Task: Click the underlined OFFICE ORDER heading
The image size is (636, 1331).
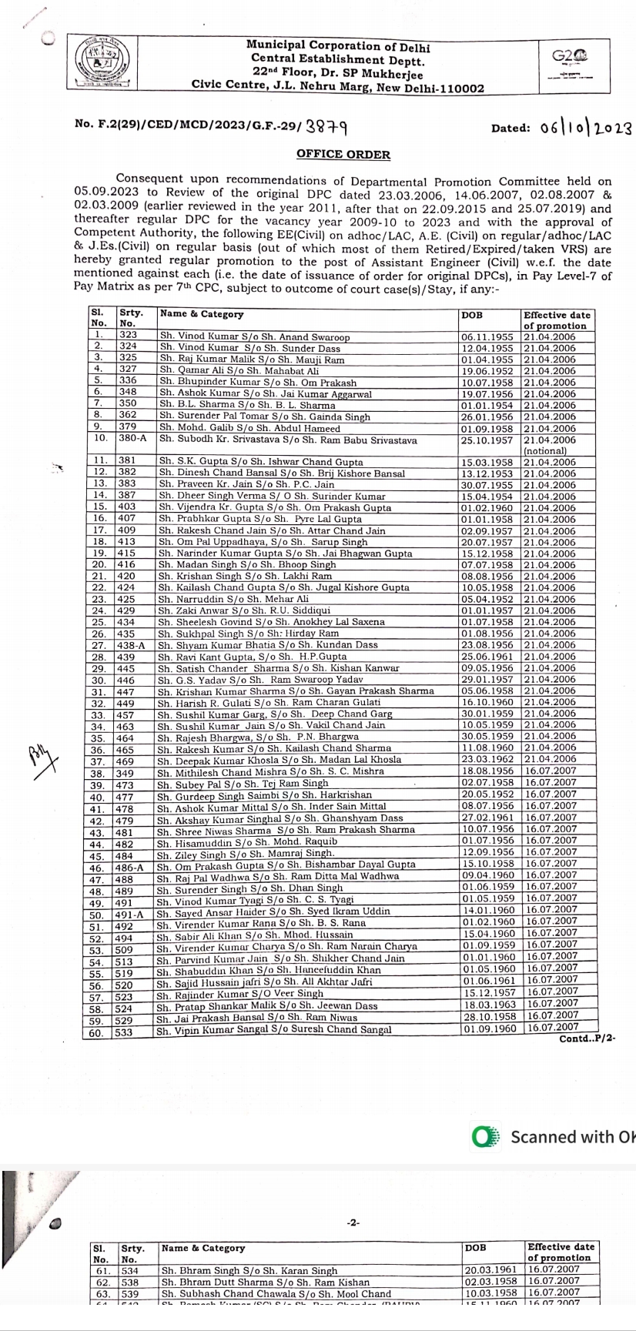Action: point(343,155)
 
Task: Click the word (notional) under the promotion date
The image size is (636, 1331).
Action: point(545,450)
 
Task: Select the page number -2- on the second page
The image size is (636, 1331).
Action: point(354,1222)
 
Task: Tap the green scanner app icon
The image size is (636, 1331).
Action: point(485,1137)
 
